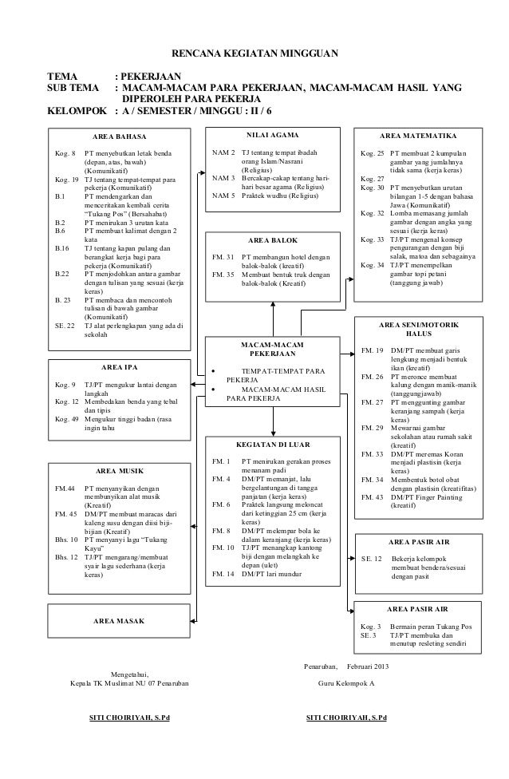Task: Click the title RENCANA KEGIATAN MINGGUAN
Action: click(255, 53)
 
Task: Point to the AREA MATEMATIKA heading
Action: click(419, 136)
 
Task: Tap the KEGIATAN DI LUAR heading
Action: click(274, 444)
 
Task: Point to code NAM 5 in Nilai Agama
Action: click(223, 195)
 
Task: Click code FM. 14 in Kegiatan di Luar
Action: click(223, 574)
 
